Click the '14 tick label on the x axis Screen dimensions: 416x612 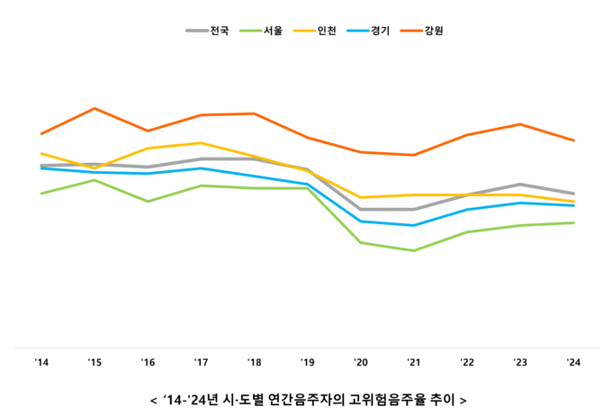pyautogui.click(x=41, y=363)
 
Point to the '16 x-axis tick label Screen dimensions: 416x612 pyautogui.click(x=148, y=363)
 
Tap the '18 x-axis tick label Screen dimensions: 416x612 pyautogui.click(x=254, y=363)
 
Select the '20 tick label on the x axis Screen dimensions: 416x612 pyautogui.click(x=361, y=363)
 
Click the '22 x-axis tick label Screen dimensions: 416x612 pyautogui.click(x=467, y=363)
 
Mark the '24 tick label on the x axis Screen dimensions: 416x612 pyautogui.click(x=573, y=363)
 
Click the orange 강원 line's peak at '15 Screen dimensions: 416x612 pyautogui.click(x=94, y=109)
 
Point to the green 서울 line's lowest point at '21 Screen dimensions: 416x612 pyautogui.click(x=414, y=250)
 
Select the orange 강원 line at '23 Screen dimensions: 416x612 pyautogui.click(x=520, y=124)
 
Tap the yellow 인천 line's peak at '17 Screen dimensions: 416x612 pyautogui.click(x=201, y=143)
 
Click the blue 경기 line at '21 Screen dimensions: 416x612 pyautogui.click(x=414, y=225)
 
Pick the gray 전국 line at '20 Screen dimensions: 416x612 pyautogui.click(x=361, y=210)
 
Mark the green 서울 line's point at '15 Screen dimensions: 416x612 pyautogui.click(x=94, y=180)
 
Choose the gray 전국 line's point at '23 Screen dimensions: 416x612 pyautogui.click(x=520, y=185)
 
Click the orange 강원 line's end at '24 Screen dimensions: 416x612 pyautogui.click(x=573, y=140)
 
